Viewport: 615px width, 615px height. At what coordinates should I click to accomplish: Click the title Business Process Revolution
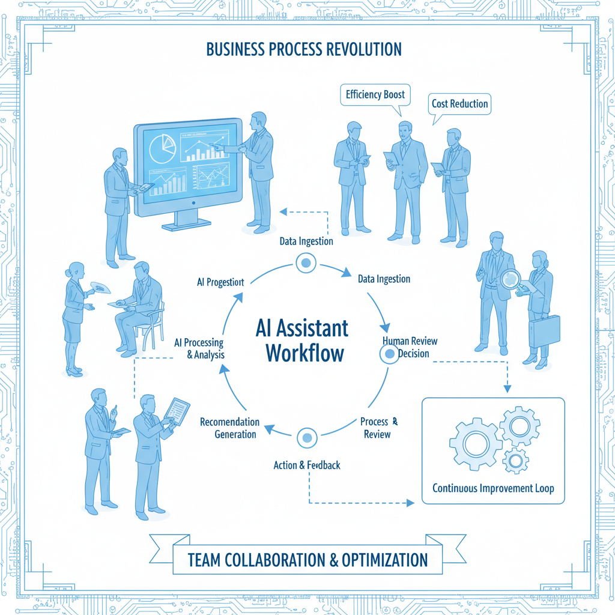click(x=304, y=49)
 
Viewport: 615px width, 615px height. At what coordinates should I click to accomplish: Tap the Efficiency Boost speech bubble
click(x=375, y=95)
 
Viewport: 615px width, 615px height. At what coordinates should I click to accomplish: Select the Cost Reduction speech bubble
click(x=459, y=104)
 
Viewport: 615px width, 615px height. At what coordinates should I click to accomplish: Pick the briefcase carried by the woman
click(x=544, y=331)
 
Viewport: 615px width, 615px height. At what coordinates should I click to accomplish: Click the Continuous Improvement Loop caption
click(x=493, y=488)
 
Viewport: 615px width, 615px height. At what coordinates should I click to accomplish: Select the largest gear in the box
click(x=475, y=443)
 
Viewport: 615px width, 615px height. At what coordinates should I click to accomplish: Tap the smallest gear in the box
click(x=515, y=461)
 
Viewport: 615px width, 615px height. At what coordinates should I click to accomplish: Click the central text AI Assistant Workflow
click(x=301, y=340)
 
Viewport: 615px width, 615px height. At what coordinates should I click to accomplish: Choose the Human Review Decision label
click(x=411, y=347)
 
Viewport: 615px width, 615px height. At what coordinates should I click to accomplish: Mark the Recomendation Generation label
click(x=230, y=428)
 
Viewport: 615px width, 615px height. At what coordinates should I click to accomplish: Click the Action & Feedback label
click(x=307, y=465)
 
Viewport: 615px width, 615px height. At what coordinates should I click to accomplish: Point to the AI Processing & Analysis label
click(x=199, y=348)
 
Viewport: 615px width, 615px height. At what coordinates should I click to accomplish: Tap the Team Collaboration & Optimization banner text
click(x=307, y=560)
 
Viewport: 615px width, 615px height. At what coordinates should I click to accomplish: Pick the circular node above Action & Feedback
click(x=306, y=437)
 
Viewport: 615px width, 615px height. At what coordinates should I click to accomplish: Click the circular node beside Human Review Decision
click(x=389, y=354)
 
